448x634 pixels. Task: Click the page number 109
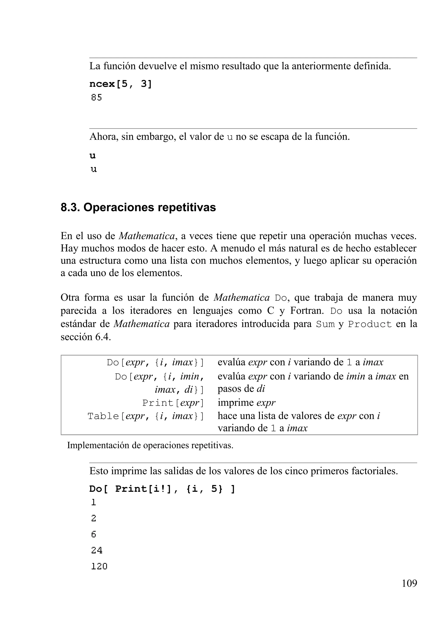[409, 583]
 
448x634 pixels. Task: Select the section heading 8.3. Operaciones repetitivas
[138, 207]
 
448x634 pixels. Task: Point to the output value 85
[96, 97]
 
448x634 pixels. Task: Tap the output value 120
[99, 566]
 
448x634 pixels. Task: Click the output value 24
[97, 550]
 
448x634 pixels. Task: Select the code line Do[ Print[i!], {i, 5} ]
[162, 489]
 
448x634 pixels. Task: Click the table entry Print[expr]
[173, 403]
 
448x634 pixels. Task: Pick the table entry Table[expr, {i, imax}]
[146, 416]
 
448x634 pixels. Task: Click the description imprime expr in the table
[246, 403]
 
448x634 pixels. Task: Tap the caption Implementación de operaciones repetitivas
[150, 445]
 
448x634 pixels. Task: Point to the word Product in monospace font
[370, 324]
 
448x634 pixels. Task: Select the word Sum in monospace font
[325, 324]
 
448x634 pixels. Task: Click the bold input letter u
[93, 156]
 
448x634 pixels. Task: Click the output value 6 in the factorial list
[94, 534]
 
